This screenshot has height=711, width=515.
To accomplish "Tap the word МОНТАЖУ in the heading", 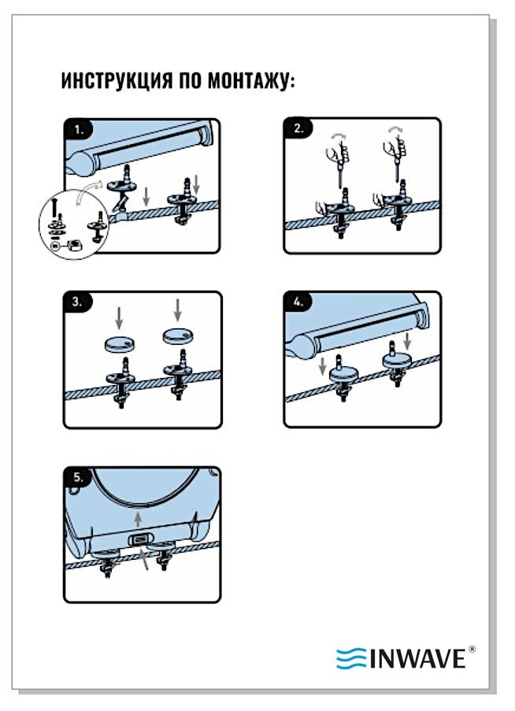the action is pyautogui.click(x=250, y=81).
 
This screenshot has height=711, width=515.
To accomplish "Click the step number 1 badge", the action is pyautogui.click(x=80, y=129).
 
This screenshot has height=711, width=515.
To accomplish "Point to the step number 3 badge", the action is pyautogui.click(x=79, y=302).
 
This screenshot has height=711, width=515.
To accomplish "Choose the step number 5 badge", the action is pyautogui.click(x=79, y=477).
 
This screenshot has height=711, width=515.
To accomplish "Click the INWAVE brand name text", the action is pyautogui.click(x=417, y=658).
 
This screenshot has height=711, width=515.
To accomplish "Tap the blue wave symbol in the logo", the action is pyautogui.click(x=351, y=658).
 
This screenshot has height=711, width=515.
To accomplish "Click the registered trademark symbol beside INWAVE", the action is pyautogui.click(x=472, y=650).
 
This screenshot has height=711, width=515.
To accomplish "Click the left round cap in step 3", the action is pyautogui.click(x=119, y=344).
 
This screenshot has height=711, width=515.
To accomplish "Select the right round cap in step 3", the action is pyautogui.click(x=178, y=336).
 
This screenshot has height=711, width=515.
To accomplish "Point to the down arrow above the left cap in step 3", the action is pyautogui.click(x=119, y=318).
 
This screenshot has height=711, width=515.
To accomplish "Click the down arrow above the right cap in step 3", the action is pyautogui.click(x=178, y=309).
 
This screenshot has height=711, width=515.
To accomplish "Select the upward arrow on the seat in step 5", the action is pyautogui.click(x=139, y=519).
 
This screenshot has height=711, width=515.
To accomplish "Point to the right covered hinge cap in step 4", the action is pyautogui.click(x=396, y=361).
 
